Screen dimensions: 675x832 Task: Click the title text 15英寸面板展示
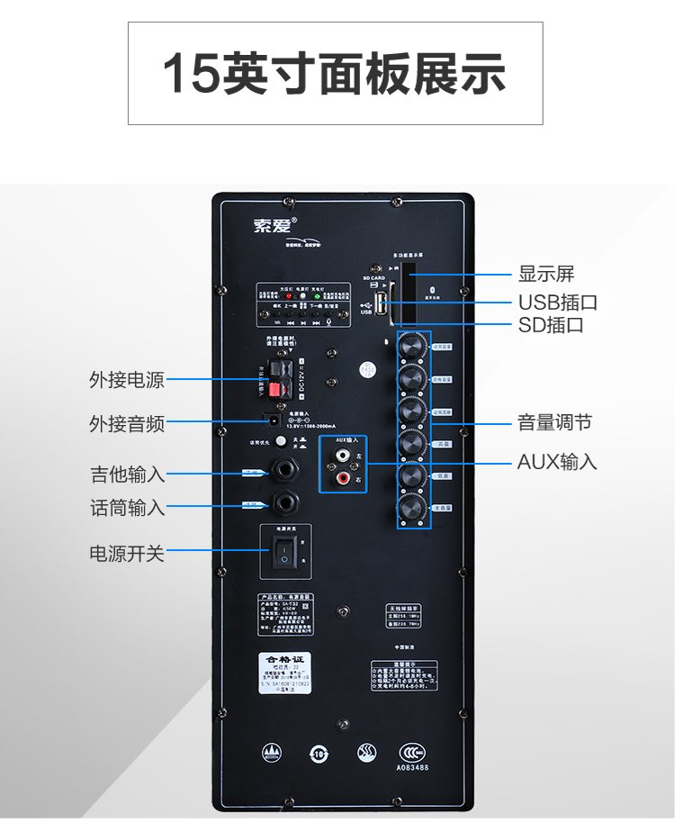point(335,74)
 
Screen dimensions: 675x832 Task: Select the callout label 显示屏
point(546,274)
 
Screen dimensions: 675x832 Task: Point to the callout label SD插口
point(551,324)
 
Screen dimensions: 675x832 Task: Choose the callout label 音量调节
point(554,422)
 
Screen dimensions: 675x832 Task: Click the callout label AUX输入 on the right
point(557,462)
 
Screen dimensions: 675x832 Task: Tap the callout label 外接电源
point(127,379)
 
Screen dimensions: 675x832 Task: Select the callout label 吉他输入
point(127,474)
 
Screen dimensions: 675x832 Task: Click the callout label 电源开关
point(127,553)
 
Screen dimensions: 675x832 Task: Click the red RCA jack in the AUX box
point(343,482)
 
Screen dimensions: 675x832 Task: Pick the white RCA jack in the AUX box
point(343,459)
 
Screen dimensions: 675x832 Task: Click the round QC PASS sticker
point(367,370)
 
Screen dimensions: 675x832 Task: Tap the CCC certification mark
point(413,750)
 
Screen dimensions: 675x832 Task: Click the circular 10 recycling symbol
point(318,752)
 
